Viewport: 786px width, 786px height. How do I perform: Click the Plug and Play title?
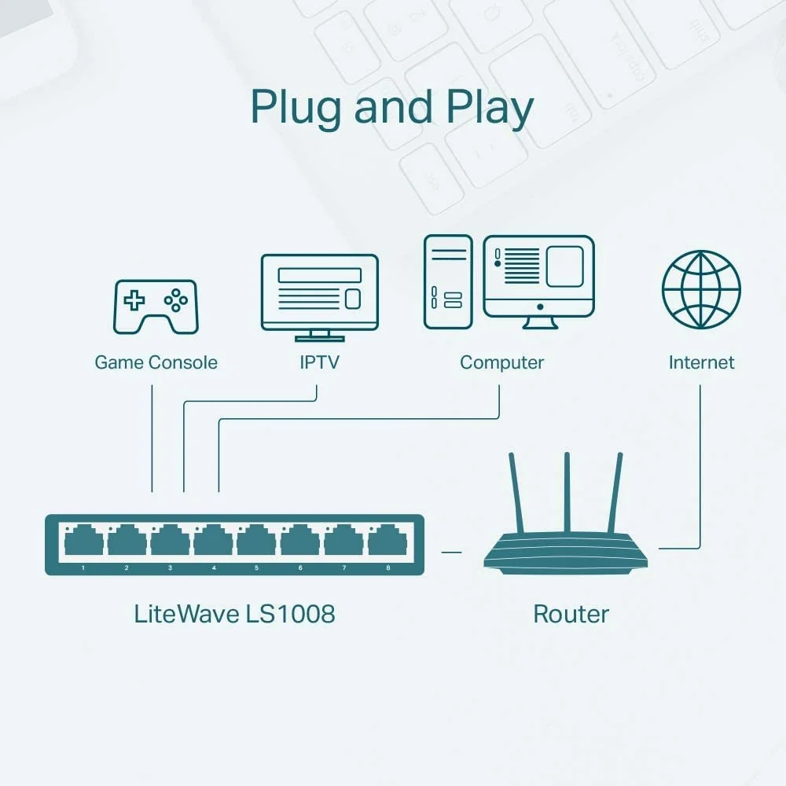(391, 108)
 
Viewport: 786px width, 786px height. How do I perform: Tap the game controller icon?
(156, 307)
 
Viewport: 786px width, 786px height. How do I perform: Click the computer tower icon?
(448, 281)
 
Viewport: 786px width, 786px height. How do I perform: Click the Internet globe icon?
(701, 289)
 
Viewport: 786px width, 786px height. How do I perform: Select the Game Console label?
(156, 362)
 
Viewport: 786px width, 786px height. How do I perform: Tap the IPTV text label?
(319, 362)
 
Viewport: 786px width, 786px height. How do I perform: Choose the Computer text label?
(501, 362)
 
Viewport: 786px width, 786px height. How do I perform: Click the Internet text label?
(701, 362)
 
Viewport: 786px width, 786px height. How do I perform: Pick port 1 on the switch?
(83, 541)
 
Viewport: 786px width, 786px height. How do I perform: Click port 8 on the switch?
(387, 541)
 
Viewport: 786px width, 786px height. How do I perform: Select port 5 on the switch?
(256, 541)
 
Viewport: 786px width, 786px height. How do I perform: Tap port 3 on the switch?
(170, 541)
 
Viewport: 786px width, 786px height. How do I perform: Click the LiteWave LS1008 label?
(234, 614)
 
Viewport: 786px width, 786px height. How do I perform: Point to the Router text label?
(571, 614)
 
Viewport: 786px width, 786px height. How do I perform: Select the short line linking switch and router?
(451, 552)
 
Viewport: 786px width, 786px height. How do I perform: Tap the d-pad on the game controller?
(136, 299)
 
